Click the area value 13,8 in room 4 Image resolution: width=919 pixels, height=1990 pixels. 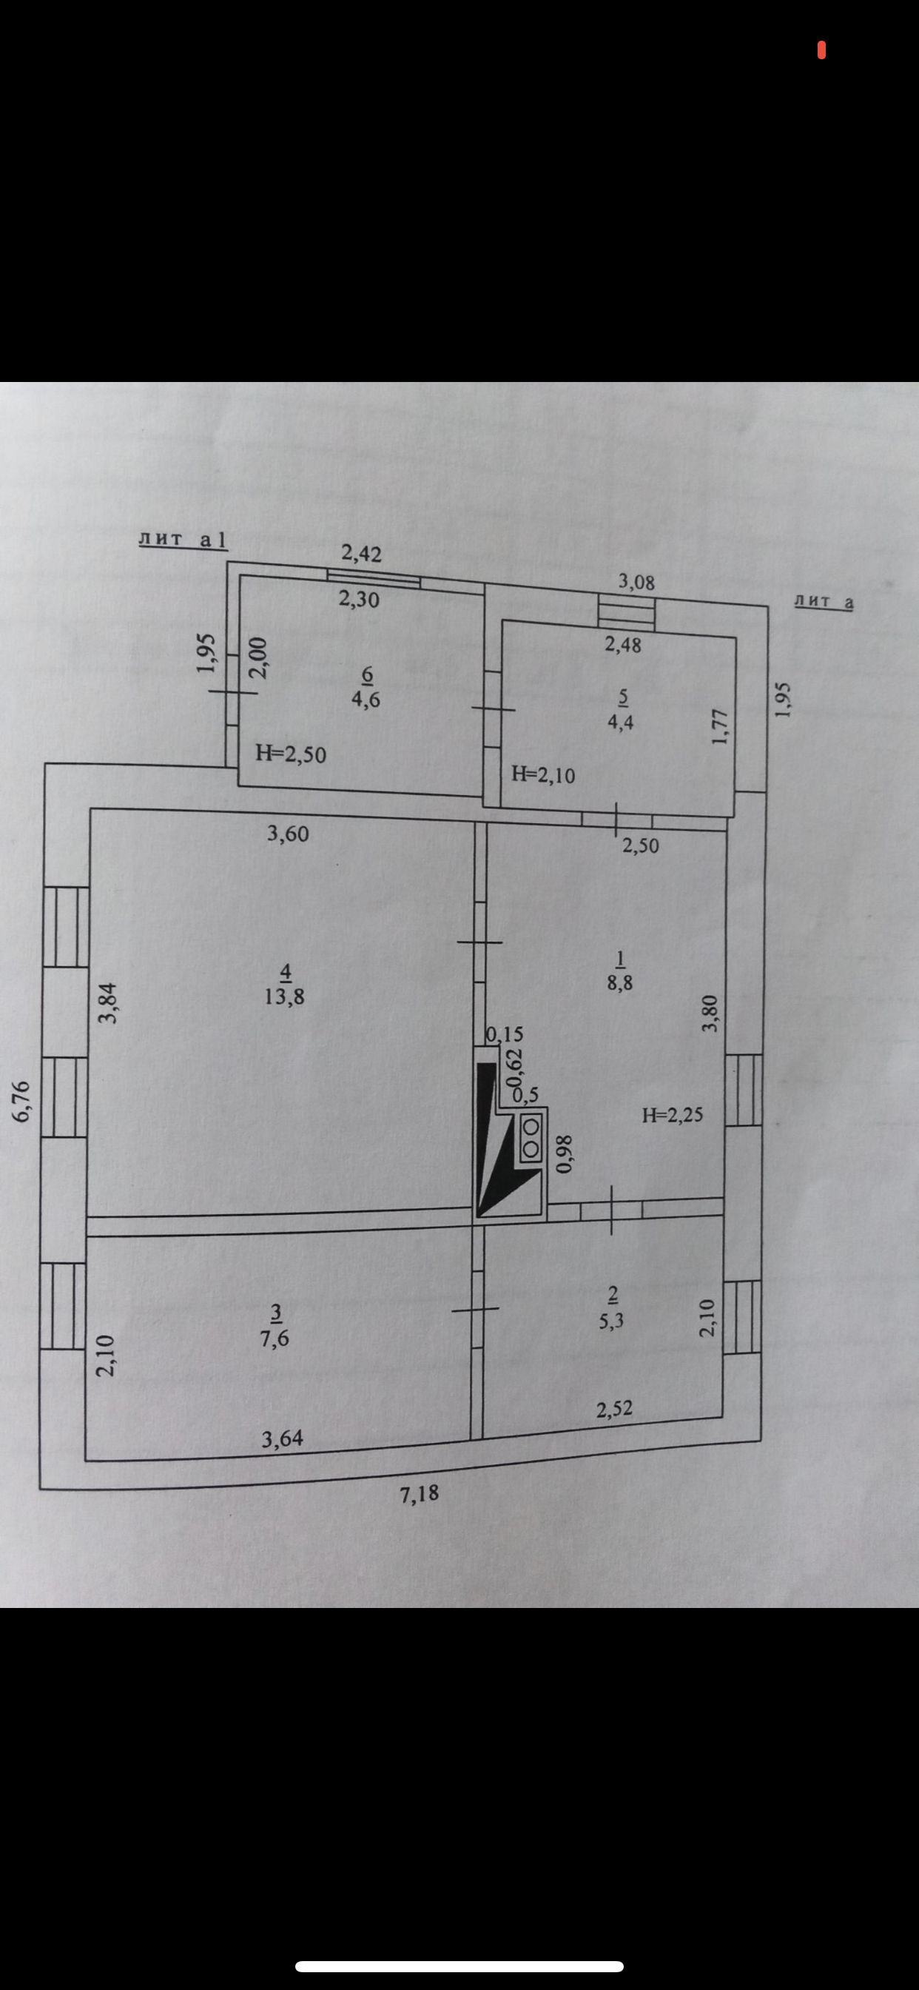click(284, 996)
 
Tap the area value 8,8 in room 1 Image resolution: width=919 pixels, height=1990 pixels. click(619, 983)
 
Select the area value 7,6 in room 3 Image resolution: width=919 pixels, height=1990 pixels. click(275, 1338)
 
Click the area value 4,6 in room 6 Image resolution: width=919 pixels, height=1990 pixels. click(366, 700)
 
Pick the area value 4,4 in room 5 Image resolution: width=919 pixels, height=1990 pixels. click(621, 723)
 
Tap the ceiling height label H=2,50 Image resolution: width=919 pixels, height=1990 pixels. click(291, 753)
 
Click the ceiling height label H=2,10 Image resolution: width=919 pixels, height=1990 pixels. click(543, 774)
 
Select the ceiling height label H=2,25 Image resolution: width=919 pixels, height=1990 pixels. click(673, 1114)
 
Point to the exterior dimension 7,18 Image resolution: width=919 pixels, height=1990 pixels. click(419, 1493)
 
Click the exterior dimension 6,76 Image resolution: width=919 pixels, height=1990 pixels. click(21, 1100)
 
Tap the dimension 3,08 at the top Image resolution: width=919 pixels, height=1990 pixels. click(636, 582)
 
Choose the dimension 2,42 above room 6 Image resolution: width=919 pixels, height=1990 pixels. click(361, 553)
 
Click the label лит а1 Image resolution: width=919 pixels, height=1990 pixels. click(183, 539)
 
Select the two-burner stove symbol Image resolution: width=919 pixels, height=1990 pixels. click(531, 1137)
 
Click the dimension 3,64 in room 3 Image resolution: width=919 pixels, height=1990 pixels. click(283, 1438)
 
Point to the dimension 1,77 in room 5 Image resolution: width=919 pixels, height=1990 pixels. click(719, 726)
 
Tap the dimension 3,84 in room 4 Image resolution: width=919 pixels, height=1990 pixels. click(107, 1002)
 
